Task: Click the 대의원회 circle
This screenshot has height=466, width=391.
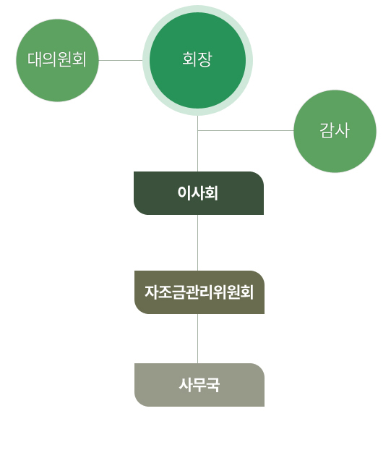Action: click(57, 60)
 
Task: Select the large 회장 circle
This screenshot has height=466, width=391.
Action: click(198, 60)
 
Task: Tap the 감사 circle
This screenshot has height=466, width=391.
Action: click(335, 131)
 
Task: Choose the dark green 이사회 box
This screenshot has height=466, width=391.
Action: click(199, 193)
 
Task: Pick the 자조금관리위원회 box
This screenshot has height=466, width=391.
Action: click(199, 292)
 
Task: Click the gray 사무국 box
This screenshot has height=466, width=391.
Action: click(199, 385)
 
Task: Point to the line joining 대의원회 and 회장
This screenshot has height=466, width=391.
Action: click(121, 60)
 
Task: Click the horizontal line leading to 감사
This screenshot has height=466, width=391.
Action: click(246, 130)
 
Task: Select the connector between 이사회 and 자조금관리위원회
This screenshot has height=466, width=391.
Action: click(198, 243)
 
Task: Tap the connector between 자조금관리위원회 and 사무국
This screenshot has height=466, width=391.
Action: click(198, 339)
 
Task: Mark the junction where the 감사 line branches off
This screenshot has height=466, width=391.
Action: click(198, 130)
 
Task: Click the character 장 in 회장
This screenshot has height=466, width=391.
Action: click(205, 59)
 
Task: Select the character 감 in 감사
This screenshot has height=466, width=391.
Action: click(327, 130)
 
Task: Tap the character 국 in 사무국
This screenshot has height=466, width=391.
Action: click(213, 385)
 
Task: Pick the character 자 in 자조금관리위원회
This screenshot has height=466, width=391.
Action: click(151, 292)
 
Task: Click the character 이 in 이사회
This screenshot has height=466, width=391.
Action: click(184, 193)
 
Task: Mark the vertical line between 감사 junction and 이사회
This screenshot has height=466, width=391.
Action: click(198, 151)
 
